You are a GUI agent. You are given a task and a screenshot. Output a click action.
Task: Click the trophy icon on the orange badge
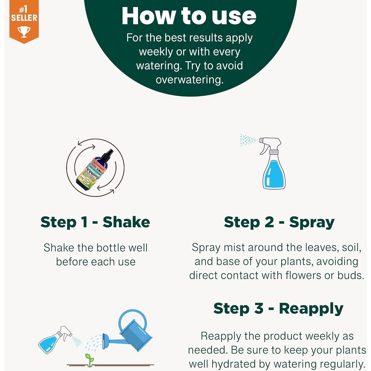24,32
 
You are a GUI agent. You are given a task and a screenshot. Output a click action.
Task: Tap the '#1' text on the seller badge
24,10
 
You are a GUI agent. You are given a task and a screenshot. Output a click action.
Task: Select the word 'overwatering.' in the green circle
189,80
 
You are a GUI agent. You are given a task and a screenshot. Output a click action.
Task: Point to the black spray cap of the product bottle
109,154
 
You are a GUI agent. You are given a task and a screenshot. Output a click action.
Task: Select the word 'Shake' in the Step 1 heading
126,222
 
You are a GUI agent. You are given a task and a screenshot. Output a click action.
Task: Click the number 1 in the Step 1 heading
84,222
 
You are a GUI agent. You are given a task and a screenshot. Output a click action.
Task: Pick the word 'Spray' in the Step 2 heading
312,222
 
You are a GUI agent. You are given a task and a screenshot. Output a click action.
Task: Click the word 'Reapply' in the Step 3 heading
311,309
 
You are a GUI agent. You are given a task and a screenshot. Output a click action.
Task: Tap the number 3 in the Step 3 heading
259,308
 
